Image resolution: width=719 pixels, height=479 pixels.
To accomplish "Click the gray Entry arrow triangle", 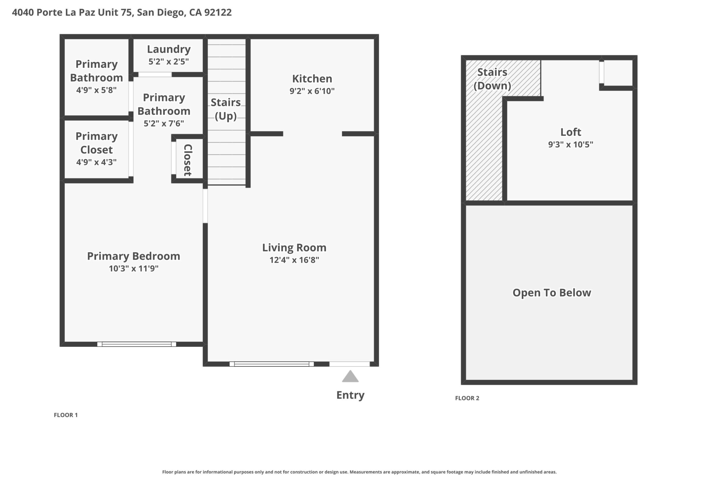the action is (350, 377).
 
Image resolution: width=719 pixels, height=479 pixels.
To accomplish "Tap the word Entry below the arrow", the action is (350, 395).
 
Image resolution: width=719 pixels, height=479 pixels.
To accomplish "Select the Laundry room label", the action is (169, 49).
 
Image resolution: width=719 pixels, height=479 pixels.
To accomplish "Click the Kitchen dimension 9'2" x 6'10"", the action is (312, 91).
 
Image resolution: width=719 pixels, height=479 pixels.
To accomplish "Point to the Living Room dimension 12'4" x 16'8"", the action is (294, 260).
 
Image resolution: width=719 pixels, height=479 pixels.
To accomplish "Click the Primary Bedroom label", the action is (134, 256).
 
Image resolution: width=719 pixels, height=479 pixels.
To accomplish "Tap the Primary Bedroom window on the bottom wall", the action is (137, 344).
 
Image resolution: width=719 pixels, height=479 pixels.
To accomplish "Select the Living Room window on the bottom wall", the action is (272, 364).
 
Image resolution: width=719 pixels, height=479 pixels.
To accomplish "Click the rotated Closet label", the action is (188, 160).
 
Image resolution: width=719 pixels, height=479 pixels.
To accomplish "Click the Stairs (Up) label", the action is (226, 109).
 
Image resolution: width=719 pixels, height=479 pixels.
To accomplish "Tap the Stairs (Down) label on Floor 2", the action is (492, 79).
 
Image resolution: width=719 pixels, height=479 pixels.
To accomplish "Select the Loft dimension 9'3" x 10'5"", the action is (571, 144).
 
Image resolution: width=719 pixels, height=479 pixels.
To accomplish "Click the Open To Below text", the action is (552, 293).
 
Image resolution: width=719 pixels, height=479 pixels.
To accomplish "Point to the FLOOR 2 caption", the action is (467, 398).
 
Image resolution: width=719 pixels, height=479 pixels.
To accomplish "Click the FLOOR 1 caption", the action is (66, 415).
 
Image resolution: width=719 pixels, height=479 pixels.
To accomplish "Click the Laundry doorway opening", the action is (155, 75).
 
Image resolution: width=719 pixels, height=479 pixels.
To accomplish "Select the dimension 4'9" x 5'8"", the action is (97, 90).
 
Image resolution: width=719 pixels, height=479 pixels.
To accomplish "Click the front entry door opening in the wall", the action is (349, 364).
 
